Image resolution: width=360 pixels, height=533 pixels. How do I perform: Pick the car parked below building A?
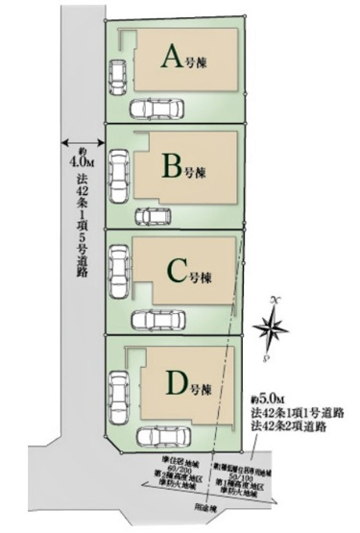coord(159,108)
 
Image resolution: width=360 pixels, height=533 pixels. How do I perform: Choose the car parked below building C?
coord(161,320)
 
